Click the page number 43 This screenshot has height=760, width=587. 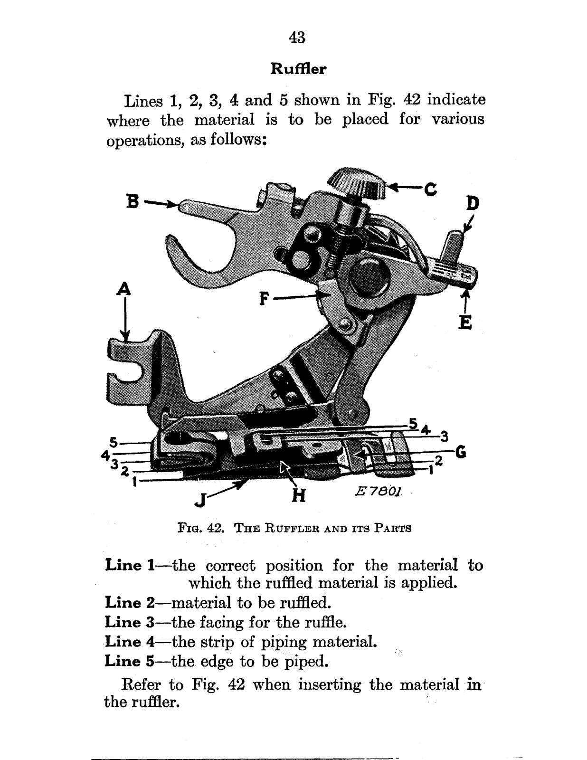coord(297,37)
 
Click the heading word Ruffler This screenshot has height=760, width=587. coord(298,69)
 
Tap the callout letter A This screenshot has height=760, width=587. coord(124,289)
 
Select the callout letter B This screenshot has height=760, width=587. coord(133,201)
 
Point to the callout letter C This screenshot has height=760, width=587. coord(430,190)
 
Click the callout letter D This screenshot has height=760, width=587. coord(472,204)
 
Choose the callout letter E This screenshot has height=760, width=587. coord(466,323)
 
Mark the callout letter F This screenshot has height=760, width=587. coord(265,299)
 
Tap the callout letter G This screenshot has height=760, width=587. coord(459,452)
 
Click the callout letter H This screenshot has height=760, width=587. coord(298,495)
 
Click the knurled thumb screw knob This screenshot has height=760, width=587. coord(358,183)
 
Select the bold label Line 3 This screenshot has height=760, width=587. coord(135,622)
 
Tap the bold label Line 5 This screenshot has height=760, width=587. coord(135,661)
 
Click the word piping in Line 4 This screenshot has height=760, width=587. coord(284,643)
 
